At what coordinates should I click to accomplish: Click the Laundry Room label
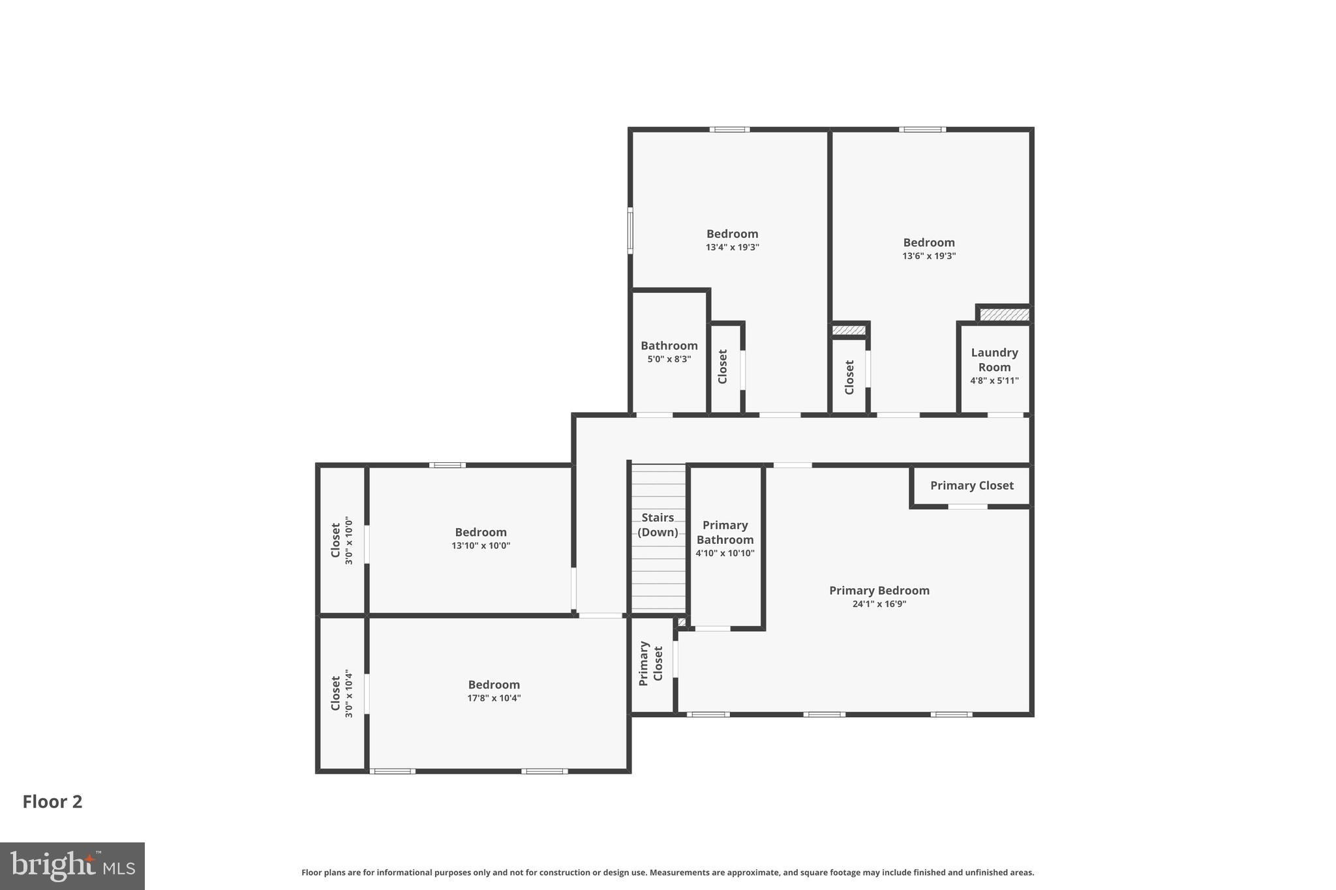click(x=994, y=360)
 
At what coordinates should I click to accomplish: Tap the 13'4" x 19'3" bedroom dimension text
click(x=732, y=248)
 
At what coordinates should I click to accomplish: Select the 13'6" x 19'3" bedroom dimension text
click(x=929, y=256)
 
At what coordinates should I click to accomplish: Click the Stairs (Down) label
click(x=658, y=525)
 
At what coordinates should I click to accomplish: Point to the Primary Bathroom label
click(x=725, y=532)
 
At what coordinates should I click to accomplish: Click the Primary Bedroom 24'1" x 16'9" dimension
click(x=879, y=604)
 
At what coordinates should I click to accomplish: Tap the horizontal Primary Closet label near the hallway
click(x=971, y=486)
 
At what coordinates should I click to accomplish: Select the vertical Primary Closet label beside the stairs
click(x=650, y=663)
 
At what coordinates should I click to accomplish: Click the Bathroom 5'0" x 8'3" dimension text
click(x=669, y=359)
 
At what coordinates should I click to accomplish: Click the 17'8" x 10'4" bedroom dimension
click(x=494, y=698)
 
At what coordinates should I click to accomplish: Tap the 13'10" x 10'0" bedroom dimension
click(x=481, y=546)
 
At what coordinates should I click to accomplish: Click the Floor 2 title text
click(x=52, y=802)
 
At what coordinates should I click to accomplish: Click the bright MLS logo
click(x=72, y=866)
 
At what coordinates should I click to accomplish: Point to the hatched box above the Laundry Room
click(x=1005, y=315)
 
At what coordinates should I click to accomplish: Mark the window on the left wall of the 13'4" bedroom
click(x=630, y=230)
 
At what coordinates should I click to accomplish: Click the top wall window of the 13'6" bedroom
click(x=922, y=130)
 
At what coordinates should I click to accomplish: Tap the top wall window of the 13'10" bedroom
click(x=448, y=465)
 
